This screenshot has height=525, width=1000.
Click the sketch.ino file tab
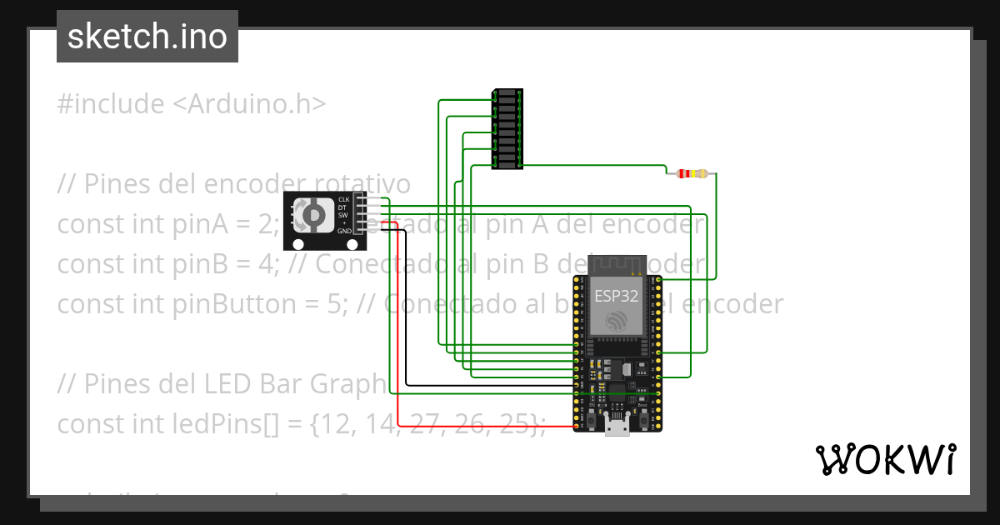click(x=147, y=37)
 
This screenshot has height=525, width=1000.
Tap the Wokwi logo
click(x=884, y=459)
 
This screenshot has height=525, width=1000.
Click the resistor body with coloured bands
click(x=692, y=174)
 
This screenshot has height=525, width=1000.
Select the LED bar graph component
click(x=507, y=129)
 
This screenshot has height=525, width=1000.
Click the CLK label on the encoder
click(x=343, y=200)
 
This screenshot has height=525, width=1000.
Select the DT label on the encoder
click(x=343, y=207)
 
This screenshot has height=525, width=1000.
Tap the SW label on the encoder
click(x=343, y=215)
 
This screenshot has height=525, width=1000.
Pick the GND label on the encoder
click(x=343, y=231)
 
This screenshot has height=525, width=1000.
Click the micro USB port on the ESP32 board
click(x=617, y=429)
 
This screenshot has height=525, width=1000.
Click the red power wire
click(x=398, y=333)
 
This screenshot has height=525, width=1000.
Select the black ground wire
click(x=406, y=317)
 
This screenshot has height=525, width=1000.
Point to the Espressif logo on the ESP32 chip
click(x=616, y=321)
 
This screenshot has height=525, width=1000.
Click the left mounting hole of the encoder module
click(x=297, y=244)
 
